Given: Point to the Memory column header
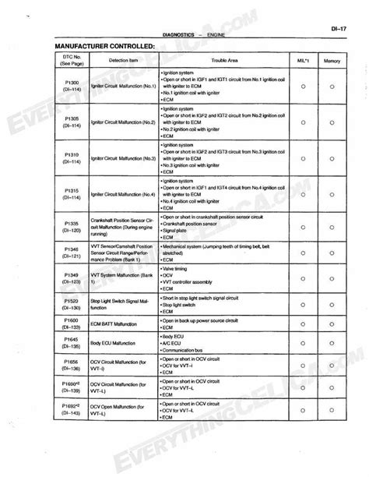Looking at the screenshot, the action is click(x=332, y=59).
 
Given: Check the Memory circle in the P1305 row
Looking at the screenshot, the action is click(x=332, y=123).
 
